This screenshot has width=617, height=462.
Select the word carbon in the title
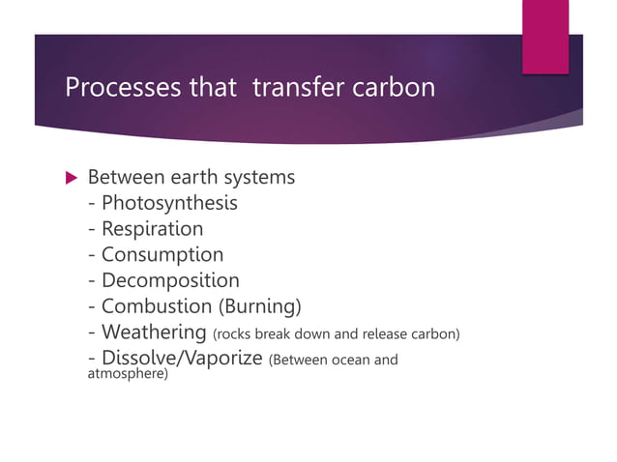pyautogui.click(x=392, y=88)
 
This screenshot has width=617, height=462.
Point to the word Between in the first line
pyautogui.click(x=124, y=178)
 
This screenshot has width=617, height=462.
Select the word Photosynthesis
pyautogui.click(x=169, y=203)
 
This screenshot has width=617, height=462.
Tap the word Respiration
pyautogui.click(x=152, y=229)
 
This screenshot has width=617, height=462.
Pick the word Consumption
pyautogui.click(x=162, y=255)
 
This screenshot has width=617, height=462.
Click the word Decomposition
pyautogui.click(x=170, y=281)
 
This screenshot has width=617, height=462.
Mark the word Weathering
pyautogui.click(x=154, y=333)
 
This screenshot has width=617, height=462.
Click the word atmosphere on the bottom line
pyautogui.click(x=126, y=373)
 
